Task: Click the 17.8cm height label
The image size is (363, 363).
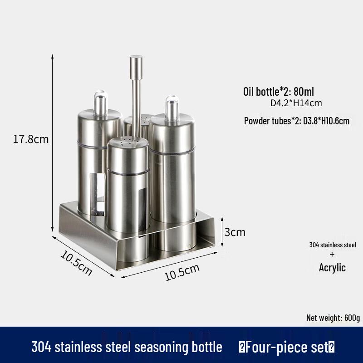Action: pos(31,139)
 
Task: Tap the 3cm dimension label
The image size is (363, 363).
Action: pos(235,232)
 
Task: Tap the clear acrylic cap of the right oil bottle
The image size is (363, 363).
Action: pos(172,105)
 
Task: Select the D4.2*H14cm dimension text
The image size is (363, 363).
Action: pos(296,103)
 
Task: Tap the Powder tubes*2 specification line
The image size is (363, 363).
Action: pos(297,121)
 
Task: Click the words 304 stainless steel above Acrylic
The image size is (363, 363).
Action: pos(333,245)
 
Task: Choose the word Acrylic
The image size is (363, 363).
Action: pos(332,268)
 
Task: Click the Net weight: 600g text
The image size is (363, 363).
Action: pos(333,318)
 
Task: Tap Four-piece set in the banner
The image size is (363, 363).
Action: pos(287,348)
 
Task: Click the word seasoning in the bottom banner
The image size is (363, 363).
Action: pos(173,348)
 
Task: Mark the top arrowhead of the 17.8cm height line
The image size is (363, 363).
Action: pos(53,56)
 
